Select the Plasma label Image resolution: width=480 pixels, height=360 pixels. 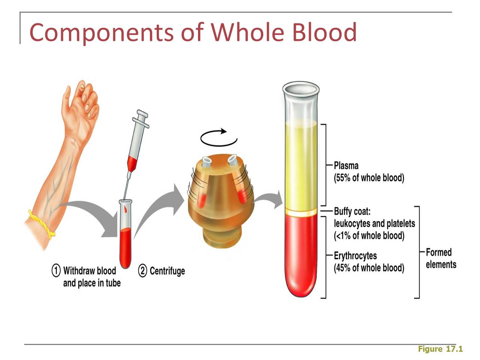[346, 166]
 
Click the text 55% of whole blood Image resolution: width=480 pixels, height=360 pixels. [369, 178]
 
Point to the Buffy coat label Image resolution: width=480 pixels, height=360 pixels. [352, 211]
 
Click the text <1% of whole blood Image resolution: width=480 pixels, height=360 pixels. [369, 235]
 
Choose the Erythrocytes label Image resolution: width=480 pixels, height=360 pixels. [355, 256]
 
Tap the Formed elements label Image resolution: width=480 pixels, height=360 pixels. [441, 258]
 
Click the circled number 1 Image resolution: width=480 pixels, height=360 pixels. [56, 271]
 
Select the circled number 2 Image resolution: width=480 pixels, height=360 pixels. [142, 271]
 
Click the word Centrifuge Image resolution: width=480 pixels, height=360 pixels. [167, 271]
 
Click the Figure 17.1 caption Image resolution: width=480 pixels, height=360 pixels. [440, 349]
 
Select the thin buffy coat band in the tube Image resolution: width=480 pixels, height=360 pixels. [301, 212]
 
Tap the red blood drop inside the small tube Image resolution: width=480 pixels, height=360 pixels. [126, 209]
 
